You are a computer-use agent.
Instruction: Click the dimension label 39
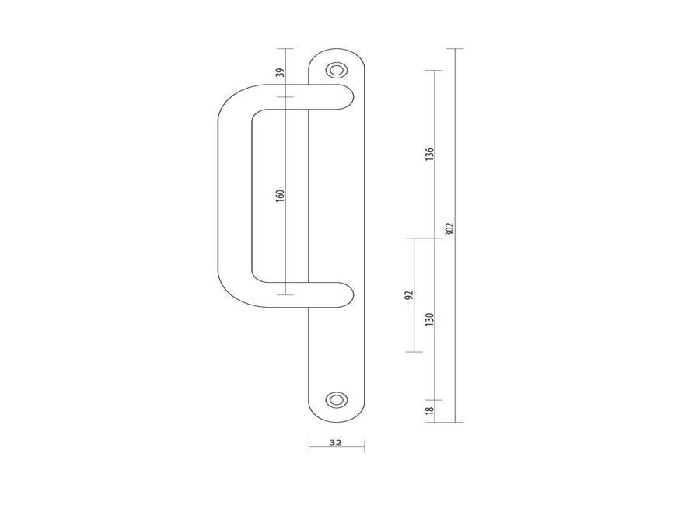coord(279,72)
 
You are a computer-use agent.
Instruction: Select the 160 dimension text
coord(280,196)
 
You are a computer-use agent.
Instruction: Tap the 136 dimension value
coord(430,154)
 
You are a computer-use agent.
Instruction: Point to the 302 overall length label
coord(449,229)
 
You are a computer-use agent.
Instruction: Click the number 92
coord(409,295)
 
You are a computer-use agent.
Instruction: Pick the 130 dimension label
coord(430,319)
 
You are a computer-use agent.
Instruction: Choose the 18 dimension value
coord(430,410)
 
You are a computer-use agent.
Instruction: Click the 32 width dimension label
coord(336,442)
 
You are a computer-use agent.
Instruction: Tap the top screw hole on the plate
coord(337,70)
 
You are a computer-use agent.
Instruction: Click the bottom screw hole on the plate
coord(337,399)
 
